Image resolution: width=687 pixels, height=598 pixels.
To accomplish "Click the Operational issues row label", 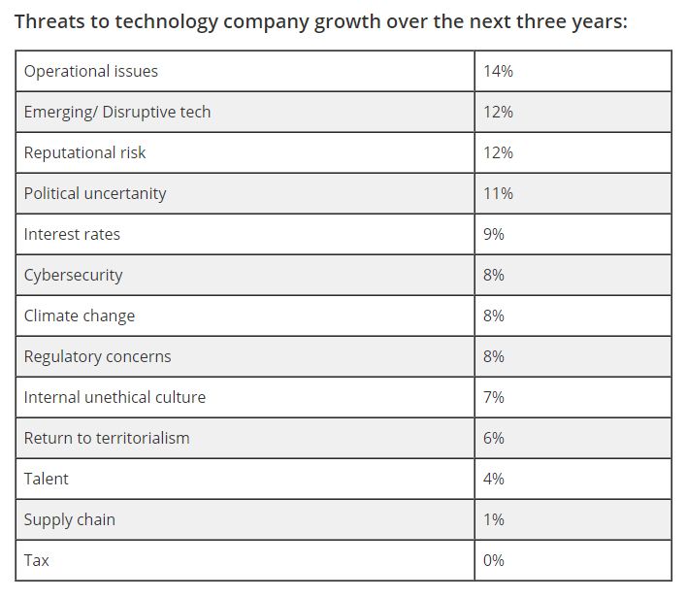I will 91,71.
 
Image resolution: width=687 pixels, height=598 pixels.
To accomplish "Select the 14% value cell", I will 498,71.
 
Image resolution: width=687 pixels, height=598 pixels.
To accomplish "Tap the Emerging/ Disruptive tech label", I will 117,112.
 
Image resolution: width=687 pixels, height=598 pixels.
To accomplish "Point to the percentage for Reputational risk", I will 498,152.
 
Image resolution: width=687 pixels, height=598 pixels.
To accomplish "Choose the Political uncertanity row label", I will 95,193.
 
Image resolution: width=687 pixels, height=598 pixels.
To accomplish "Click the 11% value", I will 498,193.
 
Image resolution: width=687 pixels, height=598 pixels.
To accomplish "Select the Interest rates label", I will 72,234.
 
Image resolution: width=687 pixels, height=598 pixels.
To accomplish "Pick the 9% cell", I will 494,234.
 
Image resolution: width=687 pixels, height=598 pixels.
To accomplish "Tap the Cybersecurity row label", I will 74,275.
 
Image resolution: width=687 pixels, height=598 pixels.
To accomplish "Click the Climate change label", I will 80,316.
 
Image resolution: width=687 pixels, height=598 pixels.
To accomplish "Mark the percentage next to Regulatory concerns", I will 494,356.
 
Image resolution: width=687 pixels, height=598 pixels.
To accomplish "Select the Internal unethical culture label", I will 114,397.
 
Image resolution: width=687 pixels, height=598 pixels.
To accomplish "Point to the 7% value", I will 494,397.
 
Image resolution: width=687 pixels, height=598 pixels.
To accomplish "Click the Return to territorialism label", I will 107,438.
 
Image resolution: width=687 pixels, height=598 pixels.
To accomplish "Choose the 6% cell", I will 494,438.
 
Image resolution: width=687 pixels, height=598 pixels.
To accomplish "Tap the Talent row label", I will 47,479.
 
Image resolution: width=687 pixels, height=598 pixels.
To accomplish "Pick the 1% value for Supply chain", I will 494,519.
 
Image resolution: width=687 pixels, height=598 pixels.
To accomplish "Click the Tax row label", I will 37,560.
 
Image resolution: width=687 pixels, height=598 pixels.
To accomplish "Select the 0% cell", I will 494,560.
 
